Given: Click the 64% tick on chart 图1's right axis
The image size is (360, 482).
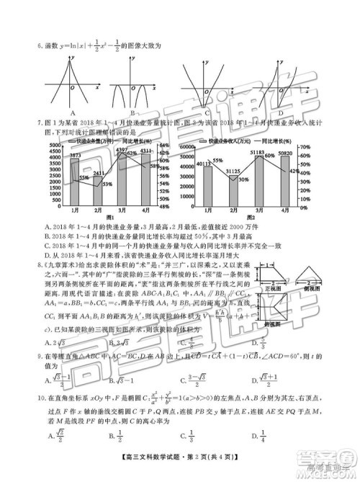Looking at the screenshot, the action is tap(164, 146).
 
